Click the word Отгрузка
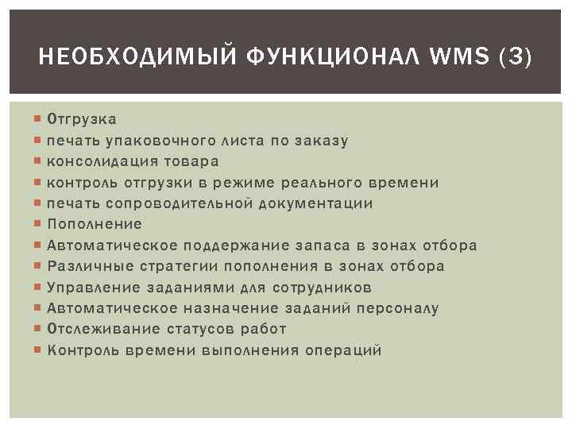(82, 120)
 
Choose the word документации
(320, 203)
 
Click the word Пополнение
(95, 224)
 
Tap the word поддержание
(226, 245)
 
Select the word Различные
(91, 266)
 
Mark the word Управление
(95, 287)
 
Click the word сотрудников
(322, 287)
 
